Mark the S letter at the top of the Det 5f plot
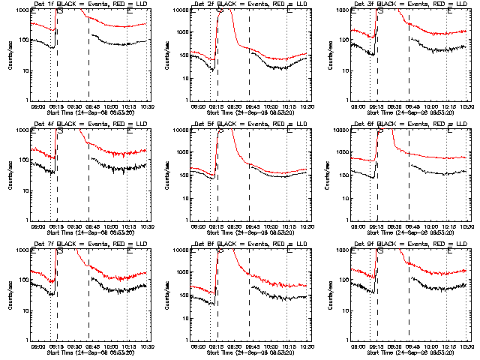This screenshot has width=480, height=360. tap(220, 131)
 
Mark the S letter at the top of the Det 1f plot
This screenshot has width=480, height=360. tap(60, 11)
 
